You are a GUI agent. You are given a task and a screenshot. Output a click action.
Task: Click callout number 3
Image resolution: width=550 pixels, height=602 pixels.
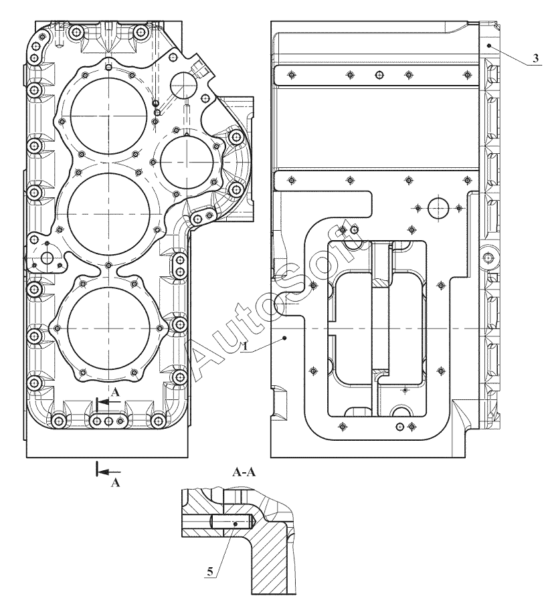click(x=535, y=59)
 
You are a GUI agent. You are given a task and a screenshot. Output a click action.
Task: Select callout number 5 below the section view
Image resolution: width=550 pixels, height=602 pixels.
click(x=210, y=572)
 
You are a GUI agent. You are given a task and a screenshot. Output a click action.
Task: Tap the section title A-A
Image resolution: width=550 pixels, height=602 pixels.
click(x=244, y=472)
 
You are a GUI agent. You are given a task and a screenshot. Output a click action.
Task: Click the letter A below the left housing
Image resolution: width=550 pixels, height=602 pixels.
click(x=115, y=482)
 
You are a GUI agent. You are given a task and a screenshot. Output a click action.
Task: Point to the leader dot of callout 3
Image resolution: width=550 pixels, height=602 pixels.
click(x=489, y=45)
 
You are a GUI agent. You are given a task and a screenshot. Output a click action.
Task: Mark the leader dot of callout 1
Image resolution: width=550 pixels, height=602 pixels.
click(x=284, y=338)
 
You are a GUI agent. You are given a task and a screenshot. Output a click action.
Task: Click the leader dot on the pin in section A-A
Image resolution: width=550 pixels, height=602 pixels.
click(x=236, y=523)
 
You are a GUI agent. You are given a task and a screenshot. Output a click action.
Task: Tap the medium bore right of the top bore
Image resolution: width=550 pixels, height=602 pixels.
click(x=186, y=162)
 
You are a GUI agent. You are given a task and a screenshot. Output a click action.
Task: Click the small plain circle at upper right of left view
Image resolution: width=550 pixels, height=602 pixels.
click(x=183, y=84)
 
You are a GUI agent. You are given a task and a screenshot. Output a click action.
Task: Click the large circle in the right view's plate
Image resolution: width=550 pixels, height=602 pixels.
click(x=438, y=208)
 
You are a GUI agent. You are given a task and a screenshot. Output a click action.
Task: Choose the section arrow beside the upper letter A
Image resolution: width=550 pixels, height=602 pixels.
click(x=108, y=402)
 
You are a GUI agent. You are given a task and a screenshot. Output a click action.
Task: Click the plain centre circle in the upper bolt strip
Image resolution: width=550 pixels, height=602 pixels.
click(x=379, y=74)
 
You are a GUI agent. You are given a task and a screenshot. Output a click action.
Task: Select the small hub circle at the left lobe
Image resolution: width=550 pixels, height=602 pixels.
click(x=48, y=258)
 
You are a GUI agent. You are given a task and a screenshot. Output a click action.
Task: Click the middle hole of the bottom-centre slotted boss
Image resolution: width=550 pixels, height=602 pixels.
click(x=108, y=421)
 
